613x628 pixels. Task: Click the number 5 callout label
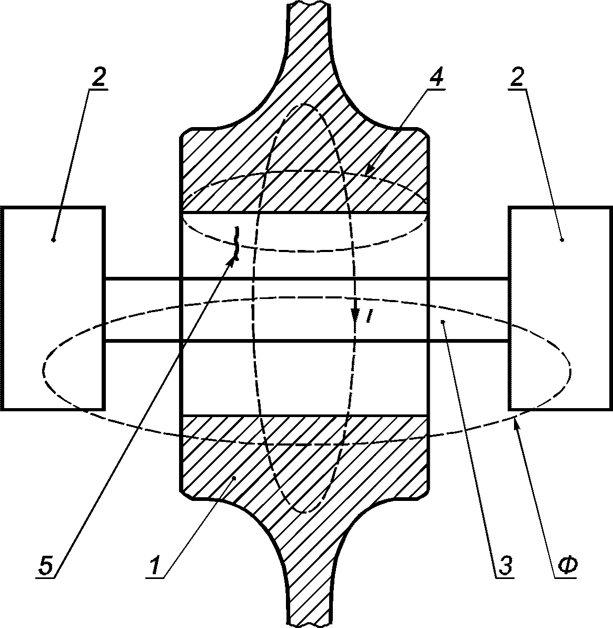pos(46,566)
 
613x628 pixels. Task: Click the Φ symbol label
pos(567,566)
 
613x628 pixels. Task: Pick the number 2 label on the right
pos(517,78)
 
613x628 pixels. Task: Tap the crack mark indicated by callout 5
pos(236,243)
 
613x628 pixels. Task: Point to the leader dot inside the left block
pos(54,240)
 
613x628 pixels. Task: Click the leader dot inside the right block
pos(562,240)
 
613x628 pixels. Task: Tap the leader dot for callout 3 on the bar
pos(443,321)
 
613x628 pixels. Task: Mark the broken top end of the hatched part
pos(310,4)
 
